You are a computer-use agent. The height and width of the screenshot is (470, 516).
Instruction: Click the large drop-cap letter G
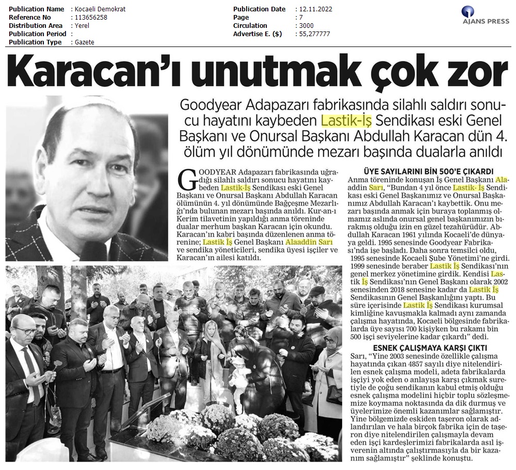click(x=186, y=180)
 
